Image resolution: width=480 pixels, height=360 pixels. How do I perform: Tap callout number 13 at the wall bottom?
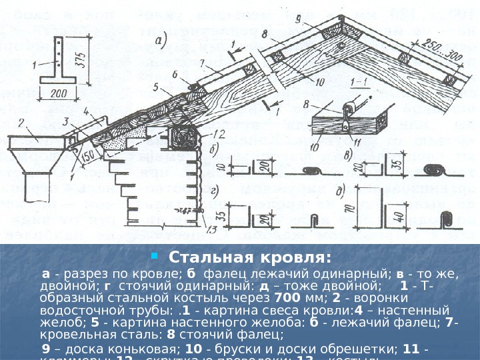tap(213, 230)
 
